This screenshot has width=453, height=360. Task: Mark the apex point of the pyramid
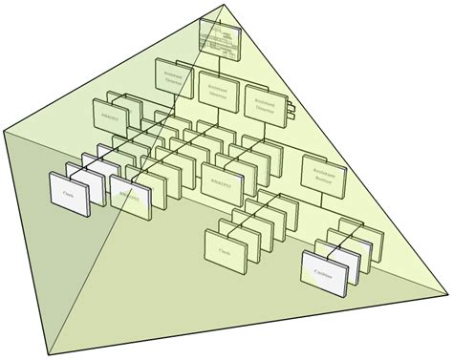pos(226,4)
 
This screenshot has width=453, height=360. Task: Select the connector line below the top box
pos(220,61)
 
